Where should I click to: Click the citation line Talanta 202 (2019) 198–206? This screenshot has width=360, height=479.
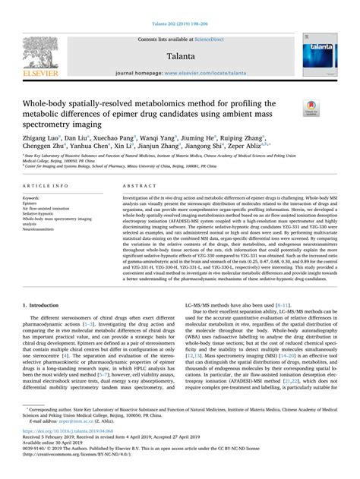(x=179, y=6)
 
